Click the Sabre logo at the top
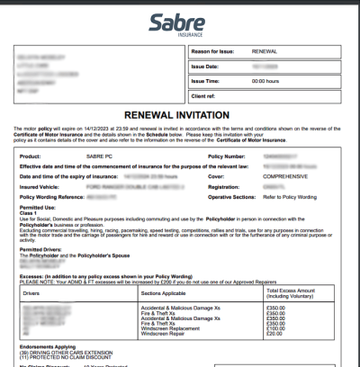(x=179, y=22)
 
